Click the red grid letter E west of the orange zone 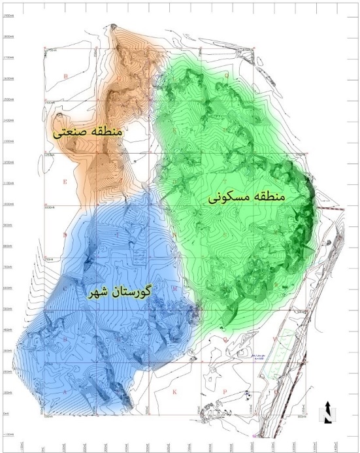65,182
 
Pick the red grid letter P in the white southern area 224,392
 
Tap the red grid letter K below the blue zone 174,392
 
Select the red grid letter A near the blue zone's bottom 65,392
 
